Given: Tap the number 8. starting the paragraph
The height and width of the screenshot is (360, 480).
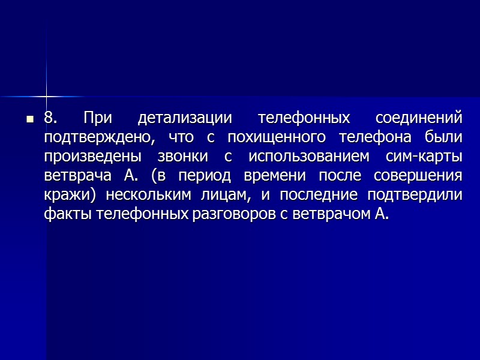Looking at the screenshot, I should click(x=50, y=118).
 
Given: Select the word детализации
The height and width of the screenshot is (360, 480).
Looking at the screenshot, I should click(x=179, y=118).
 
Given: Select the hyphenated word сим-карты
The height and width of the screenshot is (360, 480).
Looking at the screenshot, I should click(x=426, y=157).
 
